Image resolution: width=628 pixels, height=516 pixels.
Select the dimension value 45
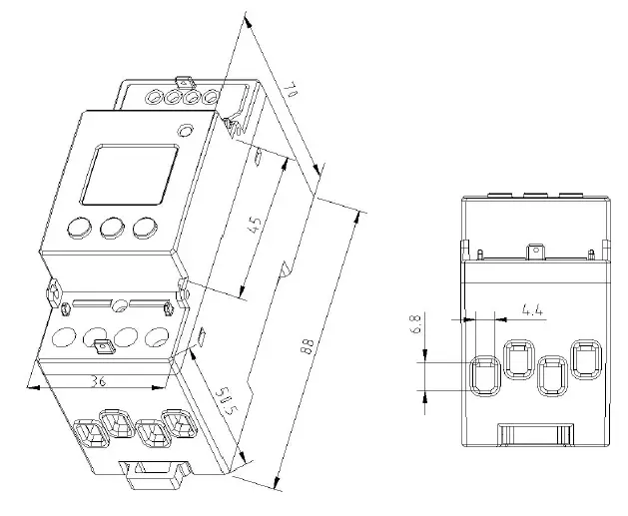pos(255,225)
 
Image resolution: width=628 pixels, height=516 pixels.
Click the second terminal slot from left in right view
pos(518,361)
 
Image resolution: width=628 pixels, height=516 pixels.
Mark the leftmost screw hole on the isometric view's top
pos(155,98)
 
